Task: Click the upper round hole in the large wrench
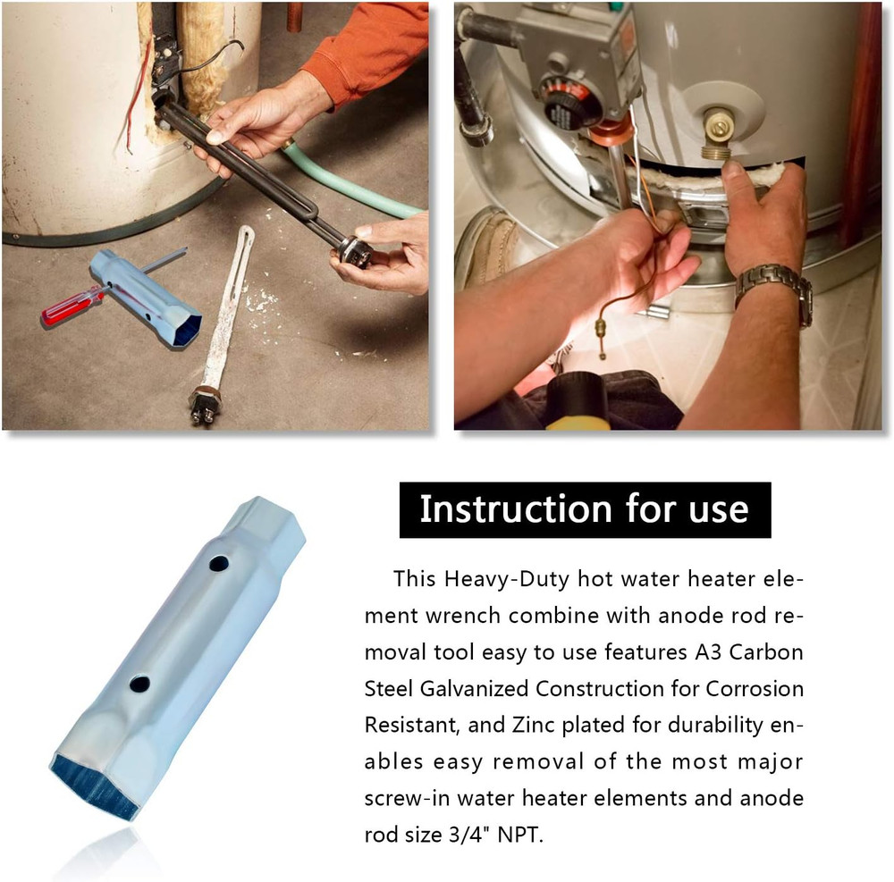pyautogui.click(x=219, y=564)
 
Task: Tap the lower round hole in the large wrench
pyautogui.click(x=139, y=684)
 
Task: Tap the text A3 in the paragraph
pyautogui.click(x=707, y=651)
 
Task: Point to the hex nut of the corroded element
pyautogui.click(x=205, y=396)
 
